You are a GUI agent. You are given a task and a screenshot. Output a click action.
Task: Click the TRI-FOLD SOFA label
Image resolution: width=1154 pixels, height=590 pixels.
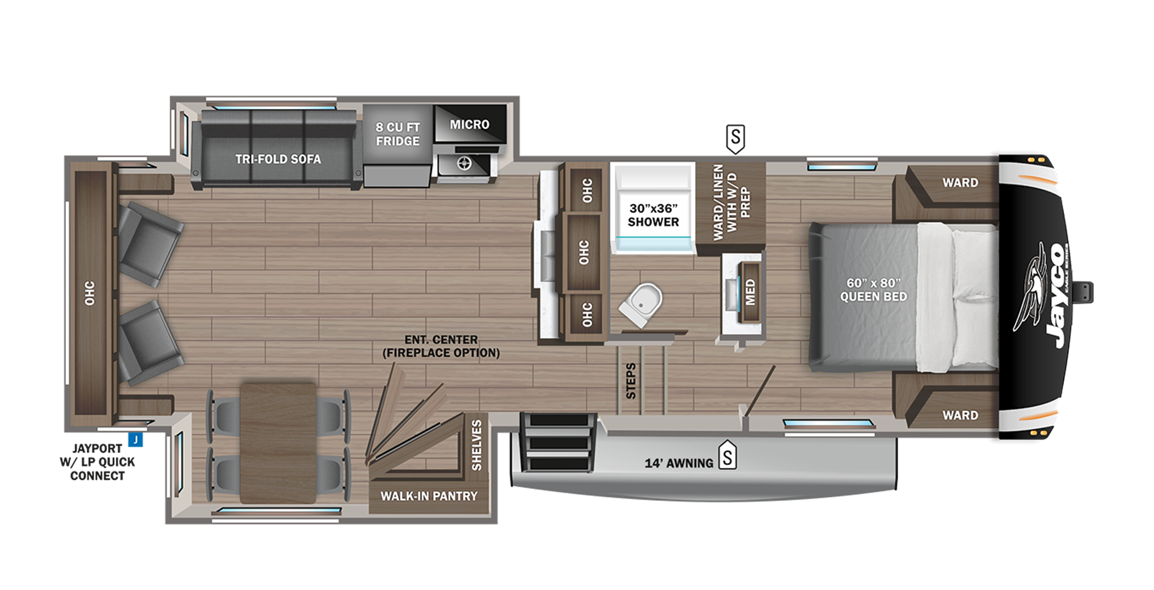tap(278, 159)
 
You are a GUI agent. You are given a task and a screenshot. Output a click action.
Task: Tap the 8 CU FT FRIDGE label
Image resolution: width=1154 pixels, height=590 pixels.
tap(397, 134)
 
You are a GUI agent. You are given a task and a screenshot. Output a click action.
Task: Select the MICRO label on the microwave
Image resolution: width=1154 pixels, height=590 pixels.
tap(469, 124)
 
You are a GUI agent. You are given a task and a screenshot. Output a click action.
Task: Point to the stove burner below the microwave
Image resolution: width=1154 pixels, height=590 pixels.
tap(464, 164)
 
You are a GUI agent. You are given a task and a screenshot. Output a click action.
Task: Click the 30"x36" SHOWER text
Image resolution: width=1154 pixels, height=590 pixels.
tap(653, 215)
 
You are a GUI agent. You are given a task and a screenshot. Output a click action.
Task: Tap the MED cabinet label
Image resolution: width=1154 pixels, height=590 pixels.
tap(750, 292)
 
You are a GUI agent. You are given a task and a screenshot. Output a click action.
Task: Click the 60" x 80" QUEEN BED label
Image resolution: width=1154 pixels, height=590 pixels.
tap(873, 290)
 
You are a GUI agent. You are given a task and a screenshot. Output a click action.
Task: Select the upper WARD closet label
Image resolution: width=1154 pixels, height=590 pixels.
tap(960, 183)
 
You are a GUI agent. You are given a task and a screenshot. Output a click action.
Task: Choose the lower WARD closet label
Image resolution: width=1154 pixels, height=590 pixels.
tap(960, 416)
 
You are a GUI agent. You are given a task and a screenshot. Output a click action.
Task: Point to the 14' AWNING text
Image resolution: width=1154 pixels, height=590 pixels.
tap(679, 463)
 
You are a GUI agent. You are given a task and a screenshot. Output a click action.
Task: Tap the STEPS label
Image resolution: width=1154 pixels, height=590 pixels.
tap(631, 381)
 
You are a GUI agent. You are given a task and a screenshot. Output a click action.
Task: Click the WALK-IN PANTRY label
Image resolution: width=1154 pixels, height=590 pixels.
tap(429, 496)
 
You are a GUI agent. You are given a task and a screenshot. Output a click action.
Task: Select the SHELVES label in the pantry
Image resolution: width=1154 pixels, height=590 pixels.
tap(476, 446)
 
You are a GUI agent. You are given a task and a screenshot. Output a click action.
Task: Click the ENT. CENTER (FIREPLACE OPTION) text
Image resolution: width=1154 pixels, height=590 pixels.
tap(441, 346)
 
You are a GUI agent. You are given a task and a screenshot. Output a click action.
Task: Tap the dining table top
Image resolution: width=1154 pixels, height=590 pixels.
tap(278, 442)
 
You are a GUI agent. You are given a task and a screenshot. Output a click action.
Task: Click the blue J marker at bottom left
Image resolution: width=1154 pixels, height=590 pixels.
tap(135, 441)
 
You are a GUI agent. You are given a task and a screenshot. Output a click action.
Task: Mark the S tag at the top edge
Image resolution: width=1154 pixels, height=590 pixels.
tap(735, 137)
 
